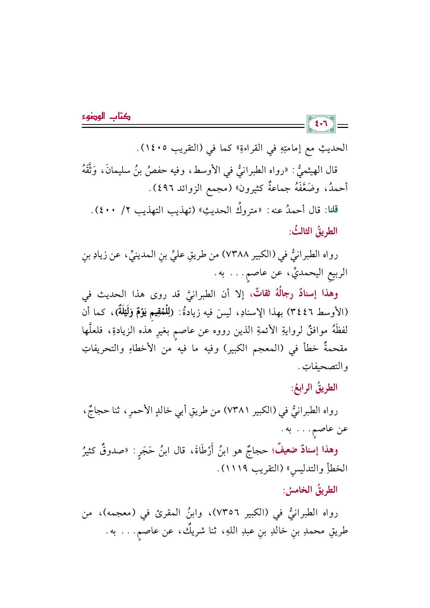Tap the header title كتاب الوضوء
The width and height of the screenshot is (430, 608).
click(106, 117)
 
